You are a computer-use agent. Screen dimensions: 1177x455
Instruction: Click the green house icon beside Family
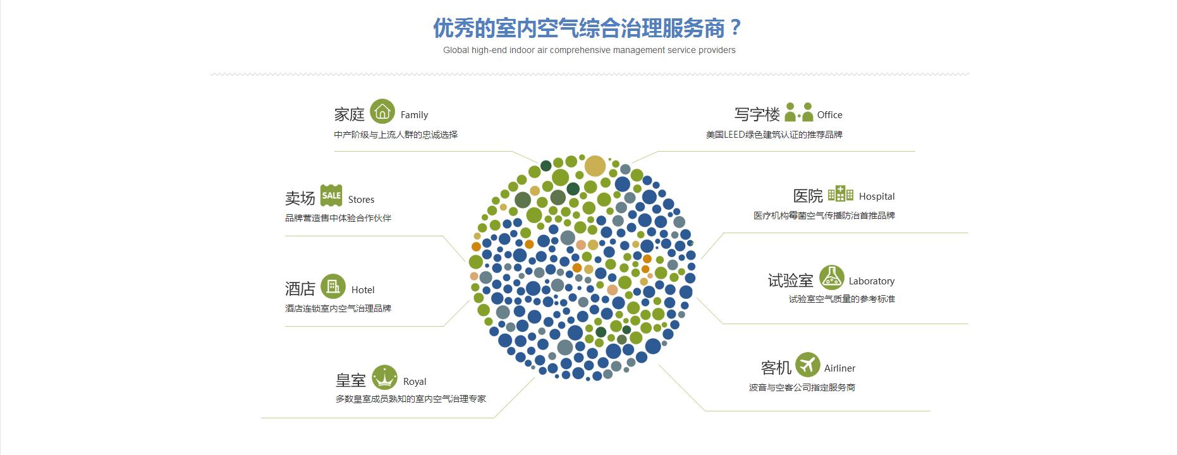pos(382,112)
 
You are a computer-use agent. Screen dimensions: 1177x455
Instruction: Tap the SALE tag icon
pos(331,196)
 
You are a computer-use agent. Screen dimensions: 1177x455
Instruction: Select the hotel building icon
pos(333,286)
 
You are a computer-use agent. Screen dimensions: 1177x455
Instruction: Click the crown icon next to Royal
pos(384,378)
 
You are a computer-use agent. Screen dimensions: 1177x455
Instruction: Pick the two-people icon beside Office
pos(798,112)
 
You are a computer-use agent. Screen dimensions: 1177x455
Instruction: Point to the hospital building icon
pos(841,193)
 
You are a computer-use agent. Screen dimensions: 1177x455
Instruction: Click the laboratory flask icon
pos(832,277)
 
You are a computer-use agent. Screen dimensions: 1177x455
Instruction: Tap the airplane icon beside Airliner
pos(807,365)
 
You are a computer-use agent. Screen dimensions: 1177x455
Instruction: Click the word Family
pos(414,115)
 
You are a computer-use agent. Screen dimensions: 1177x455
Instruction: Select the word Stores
pos(361,200)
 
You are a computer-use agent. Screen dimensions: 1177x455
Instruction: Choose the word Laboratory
pos(872,281)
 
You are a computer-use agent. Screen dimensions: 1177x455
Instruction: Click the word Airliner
pos(839,368)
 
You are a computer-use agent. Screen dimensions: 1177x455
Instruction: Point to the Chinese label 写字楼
pos(757,114)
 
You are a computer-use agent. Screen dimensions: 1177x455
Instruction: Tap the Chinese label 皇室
pos(351,380)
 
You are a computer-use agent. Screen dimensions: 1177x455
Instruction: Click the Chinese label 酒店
pos(300,289)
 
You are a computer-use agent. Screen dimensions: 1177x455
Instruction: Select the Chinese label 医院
pos(808,196)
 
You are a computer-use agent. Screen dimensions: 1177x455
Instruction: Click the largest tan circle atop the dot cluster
pos(595,166)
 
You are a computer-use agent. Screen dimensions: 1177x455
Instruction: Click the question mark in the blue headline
pos(735,28)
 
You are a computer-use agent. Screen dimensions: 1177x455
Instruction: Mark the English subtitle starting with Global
pos(589,50)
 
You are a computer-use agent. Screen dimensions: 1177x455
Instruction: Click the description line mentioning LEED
pos(774,135)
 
